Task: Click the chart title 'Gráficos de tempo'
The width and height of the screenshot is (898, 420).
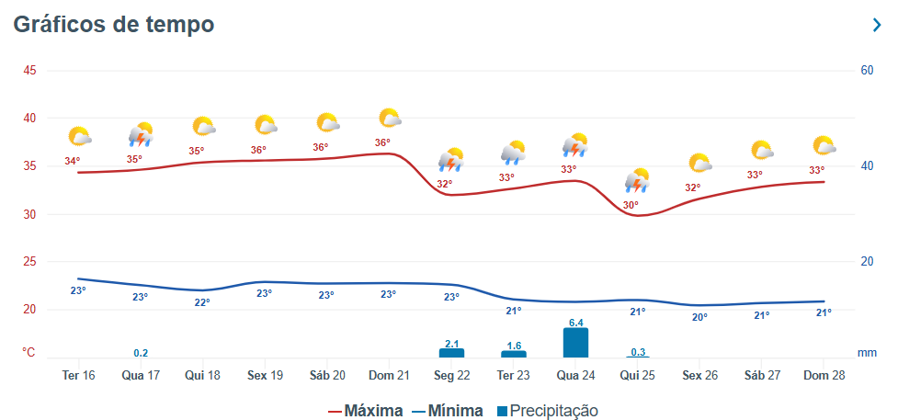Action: [114, 25]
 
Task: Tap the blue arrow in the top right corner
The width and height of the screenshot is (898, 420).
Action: [876, 26]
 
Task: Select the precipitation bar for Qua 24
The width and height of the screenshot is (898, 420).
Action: [575, 343]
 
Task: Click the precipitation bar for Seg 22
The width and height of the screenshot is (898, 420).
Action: [451, 353]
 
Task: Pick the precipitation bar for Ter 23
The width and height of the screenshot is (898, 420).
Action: [514, 354]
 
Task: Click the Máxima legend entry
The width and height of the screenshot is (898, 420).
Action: [365, 411]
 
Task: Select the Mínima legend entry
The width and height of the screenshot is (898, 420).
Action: [447, 411]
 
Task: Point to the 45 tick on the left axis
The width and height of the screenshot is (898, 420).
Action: [29, 71]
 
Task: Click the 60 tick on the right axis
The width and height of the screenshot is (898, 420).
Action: [867, 71]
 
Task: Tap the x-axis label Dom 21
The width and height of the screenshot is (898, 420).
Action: [389, 376]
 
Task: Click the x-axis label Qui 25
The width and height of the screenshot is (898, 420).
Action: [638, 376]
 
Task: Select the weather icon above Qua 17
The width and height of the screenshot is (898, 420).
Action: [141, 135]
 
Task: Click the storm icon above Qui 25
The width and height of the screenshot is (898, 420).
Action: [637, 180]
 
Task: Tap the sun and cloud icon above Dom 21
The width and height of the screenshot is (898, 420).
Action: [390, 119]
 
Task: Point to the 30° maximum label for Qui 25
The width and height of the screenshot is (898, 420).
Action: [631, 205]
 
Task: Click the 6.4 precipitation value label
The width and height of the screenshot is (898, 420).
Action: [576, 323]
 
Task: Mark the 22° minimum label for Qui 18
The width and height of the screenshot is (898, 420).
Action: [201, 302]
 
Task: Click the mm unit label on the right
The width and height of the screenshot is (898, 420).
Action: [867, 352]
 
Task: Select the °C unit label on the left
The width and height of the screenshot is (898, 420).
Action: [29, 352]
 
